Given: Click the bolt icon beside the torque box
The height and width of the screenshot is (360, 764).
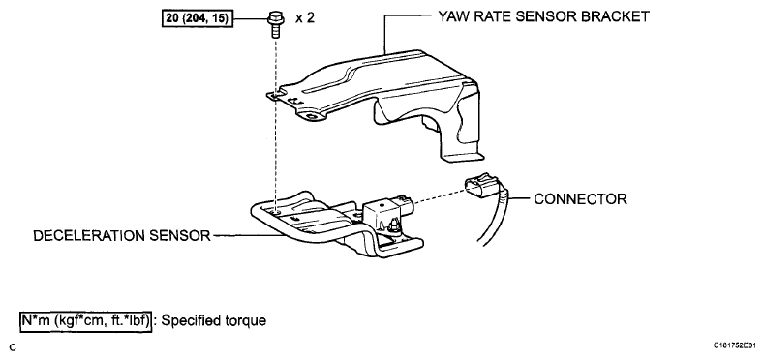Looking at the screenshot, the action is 275,25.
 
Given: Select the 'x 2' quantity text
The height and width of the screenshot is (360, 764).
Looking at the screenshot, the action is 305,18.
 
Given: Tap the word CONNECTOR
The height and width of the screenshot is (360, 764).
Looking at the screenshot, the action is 580,198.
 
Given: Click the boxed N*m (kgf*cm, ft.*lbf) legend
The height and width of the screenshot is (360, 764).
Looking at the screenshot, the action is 86,321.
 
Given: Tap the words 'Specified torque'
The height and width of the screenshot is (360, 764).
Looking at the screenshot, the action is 213,321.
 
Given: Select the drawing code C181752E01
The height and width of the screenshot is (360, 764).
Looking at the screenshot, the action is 735,345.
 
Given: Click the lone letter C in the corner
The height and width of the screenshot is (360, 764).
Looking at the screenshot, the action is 13,347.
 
